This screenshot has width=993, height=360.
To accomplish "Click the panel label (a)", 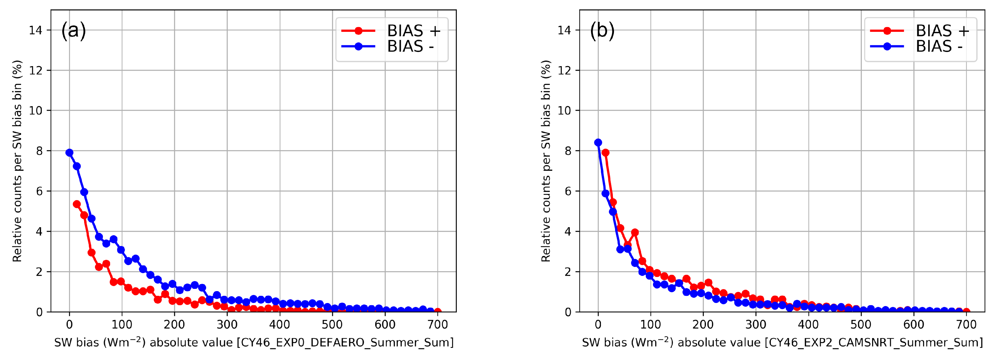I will coord(73,30).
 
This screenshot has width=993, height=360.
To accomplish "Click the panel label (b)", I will coord(602,30).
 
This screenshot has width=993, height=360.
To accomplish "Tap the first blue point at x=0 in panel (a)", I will coord(69,153).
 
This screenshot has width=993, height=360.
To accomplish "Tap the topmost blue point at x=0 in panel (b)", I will coord(598,143).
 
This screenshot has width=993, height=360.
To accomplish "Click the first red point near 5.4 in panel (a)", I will coord(77,204).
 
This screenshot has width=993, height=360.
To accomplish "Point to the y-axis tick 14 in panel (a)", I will coord(35,30).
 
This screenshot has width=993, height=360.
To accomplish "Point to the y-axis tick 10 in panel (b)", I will coord(564,111).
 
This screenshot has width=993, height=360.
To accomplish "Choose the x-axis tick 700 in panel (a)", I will coord(437,325).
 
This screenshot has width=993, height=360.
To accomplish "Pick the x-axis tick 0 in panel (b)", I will coord(598,325).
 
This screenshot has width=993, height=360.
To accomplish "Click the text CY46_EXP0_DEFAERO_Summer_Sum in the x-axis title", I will coord(345,343).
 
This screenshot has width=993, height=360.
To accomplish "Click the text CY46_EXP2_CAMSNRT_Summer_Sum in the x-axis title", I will coord(873,343).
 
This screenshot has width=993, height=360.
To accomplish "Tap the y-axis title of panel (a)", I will coord(17,161).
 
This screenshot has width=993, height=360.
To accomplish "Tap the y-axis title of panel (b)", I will coord(546,161).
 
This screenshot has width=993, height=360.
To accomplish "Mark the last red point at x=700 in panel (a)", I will coord(437,311).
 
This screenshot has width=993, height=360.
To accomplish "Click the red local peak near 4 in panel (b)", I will coord(635,232).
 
